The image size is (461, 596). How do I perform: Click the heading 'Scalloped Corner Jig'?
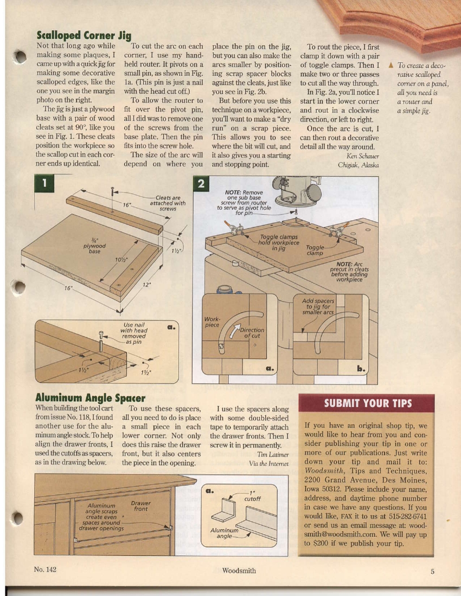(x=84, y=36)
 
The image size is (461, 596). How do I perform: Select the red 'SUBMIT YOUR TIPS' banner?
(x=368, y=403)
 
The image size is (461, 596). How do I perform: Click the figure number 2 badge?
(x=201, y=184)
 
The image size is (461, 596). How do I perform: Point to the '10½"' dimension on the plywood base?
(x=121, y=259)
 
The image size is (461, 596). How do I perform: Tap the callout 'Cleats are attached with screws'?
(x=168, y=204)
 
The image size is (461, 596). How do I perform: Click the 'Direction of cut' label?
(x=253, y=333)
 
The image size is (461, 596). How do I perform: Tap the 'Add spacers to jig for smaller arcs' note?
(x=322, y=306)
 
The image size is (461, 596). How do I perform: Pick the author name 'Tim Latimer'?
(x=273, y=454)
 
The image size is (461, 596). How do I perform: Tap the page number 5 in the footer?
(x=433, y=571)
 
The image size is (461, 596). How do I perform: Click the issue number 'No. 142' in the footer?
(x=45, y=570)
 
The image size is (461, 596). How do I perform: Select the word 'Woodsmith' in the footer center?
(x=239, y=571)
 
